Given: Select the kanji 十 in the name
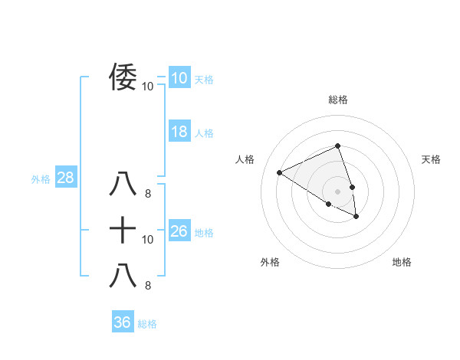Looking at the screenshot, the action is pos(123,229).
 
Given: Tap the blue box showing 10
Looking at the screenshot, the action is pos(179,78).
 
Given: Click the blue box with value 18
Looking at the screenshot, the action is pos(179,132).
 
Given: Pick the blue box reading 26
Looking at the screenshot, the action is pos(179,231).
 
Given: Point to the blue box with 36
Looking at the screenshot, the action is pos(122,322).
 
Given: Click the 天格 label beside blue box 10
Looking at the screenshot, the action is pos(204,80).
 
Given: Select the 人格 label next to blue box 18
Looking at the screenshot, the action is pos(204,133).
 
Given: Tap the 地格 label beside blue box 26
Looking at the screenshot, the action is pos(204,233).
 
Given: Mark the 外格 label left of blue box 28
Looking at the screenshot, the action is pos(41,180).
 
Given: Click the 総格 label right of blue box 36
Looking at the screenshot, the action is pos(147,324).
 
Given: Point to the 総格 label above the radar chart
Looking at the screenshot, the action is pos(337,100).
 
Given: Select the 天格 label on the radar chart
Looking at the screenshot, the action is pos(431,159).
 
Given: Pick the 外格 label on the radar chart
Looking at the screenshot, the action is pos(270,262).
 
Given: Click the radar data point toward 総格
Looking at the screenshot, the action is pos(337,146).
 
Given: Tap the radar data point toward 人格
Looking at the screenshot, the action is pos(280,172).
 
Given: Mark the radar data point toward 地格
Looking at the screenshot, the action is pos(356,217).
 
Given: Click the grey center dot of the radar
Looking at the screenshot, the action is pos(337,191).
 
